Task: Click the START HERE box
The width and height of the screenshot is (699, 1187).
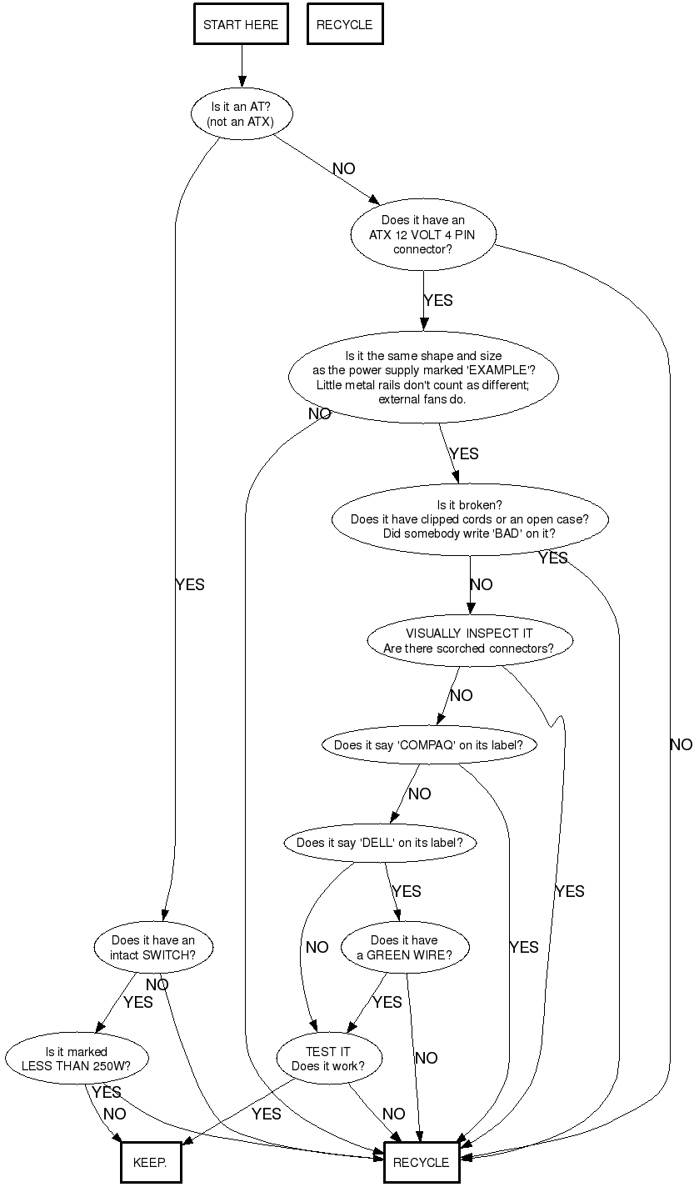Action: (x=242, y=25)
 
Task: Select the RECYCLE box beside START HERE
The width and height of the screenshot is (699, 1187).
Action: (x=345, y=25)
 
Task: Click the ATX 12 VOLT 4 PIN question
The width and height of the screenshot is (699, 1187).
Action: (x=422, y=234)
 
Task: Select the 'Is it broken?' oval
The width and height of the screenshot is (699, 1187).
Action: (x=470, y=519)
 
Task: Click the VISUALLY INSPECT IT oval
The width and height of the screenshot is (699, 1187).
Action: (x=470, y=640)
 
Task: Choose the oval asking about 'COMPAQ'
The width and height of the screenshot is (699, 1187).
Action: (x=428, y=745)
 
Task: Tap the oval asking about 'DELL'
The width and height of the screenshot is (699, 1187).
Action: (x=385, y=843)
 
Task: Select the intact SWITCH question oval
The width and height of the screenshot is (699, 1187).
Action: (x=153, y=948)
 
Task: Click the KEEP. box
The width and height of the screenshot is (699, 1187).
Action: (x=150, y=1163)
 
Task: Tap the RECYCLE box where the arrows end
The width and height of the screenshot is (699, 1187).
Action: (x=421, y=1163)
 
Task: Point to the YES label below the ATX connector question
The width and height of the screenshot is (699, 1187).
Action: (x=438, y=300)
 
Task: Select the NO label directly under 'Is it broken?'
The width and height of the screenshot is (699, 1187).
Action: (x=482, y=584)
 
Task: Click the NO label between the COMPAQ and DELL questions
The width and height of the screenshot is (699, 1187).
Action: (x=419, y=794)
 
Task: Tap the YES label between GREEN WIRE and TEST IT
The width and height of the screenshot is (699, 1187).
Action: (x=387, y=1002)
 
